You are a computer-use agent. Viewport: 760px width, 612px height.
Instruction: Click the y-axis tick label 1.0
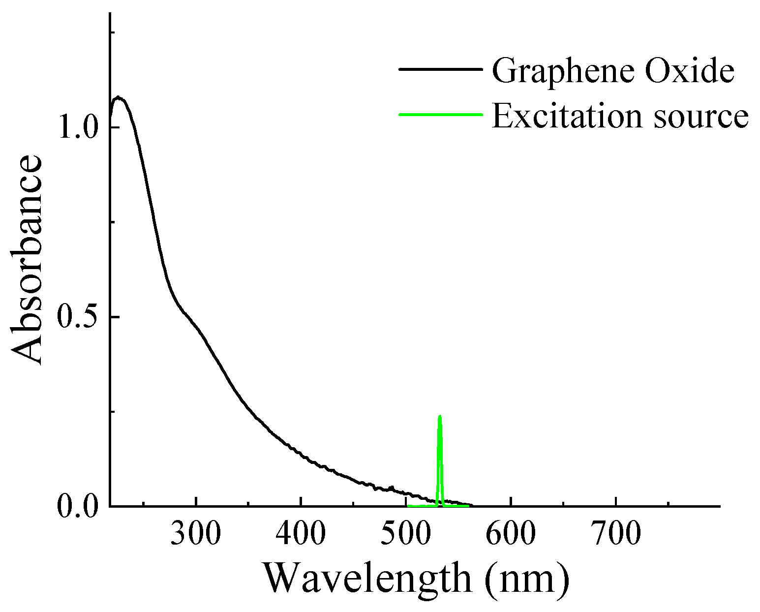(79, 128)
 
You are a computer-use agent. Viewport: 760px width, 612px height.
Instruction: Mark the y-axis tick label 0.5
(79, 317)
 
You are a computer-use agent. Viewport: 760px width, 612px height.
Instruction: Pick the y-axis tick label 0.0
(79, 507)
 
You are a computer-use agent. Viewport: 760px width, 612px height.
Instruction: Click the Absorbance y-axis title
(27, 261)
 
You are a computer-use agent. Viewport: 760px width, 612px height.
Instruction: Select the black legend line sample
(439, 69)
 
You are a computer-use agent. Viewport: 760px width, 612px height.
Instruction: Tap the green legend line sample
(439, 115)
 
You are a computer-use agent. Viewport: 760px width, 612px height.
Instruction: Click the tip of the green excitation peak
(440, 416)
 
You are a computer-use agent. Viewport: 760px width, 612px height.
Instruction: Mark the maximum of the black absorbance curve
(118, 97)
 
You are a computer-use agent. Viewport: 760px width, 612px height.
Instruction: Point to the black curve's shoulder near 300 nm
(189, 317)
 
